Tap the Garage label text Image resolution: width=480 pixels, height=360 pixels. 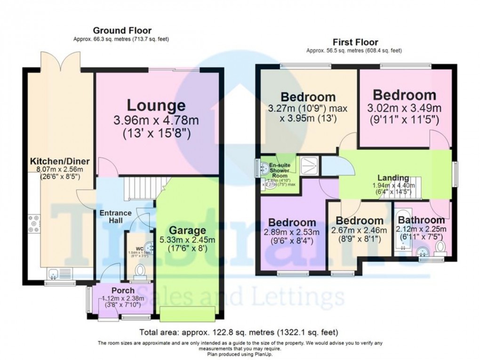tap(188, 231)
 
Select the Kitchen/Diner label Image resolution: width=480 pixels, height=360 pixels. tap(59, 161)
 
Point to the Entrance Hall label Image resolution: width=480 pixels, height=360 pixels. tap(115, 217)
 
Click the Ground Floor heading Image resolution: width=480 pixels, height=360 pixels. tap(122, 31)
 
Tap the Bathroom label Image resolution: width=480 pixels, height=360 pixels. tap(421, 220)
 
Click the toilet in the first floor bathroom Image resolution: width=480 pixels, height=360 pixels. tap(440, 246)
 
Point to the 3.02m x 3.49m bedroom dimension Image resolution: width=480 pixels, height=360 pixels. tap(404, 109)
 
